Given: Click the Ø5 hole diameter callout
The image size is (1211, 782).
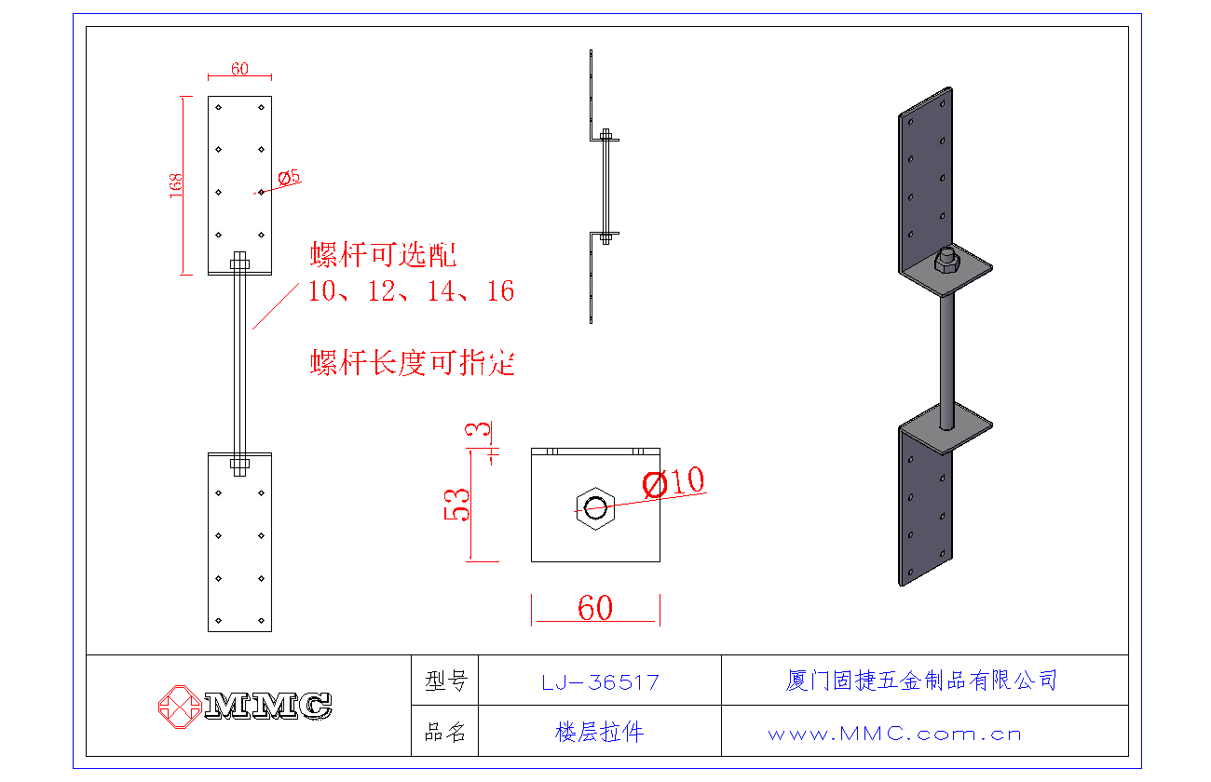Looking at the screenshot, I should pyautogui.click(x=289, y=177).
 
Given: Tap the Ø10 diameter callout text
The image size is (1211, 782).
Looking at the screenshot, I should pyautogui.click(x=674, y=482).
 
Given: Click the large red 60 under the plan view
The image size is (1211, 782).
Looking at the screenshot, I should pyautogui.click(x=595, y=608).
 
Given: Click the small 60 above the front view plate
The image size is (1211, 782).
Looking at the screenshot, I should pyautogui.click(x=239, y=69).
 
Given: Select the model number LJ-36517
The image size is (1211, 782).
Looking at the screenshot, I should pyautogui.click(x=600, y=682).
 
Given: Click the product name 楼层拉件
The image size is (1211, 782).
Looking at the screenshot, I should pyautogui.click(x=599, y=733).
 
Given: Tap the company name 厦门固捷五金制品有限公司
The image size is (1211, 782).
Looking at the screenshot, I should pyautogui.click(x=921, y=681).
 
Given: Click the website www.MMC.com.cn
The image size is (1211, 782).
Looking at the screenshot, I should pyautogui.click(x=894, y=734).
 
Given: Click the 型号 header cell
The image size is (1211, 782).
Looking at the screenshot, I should pyautogui.click(x=445, y=681).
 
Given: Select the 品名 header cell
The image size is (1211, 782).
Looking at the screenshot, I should pyautogui.click(x=445, y=733).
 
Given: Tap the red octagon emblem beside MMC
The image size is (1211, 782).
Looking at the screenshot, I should pyautogui.click(x=178, y=706).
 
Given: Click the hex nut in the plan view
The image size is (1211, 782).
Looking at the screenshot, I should pyautogui.click(x=594, y=507).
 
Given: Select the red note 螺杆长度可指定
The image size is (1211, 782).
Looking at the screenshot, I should pyautogui.click(x=412, y=362).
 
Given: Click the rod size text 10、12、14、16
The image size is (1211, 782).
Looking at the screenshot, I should pyautogui.click(x=412, y=291).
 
